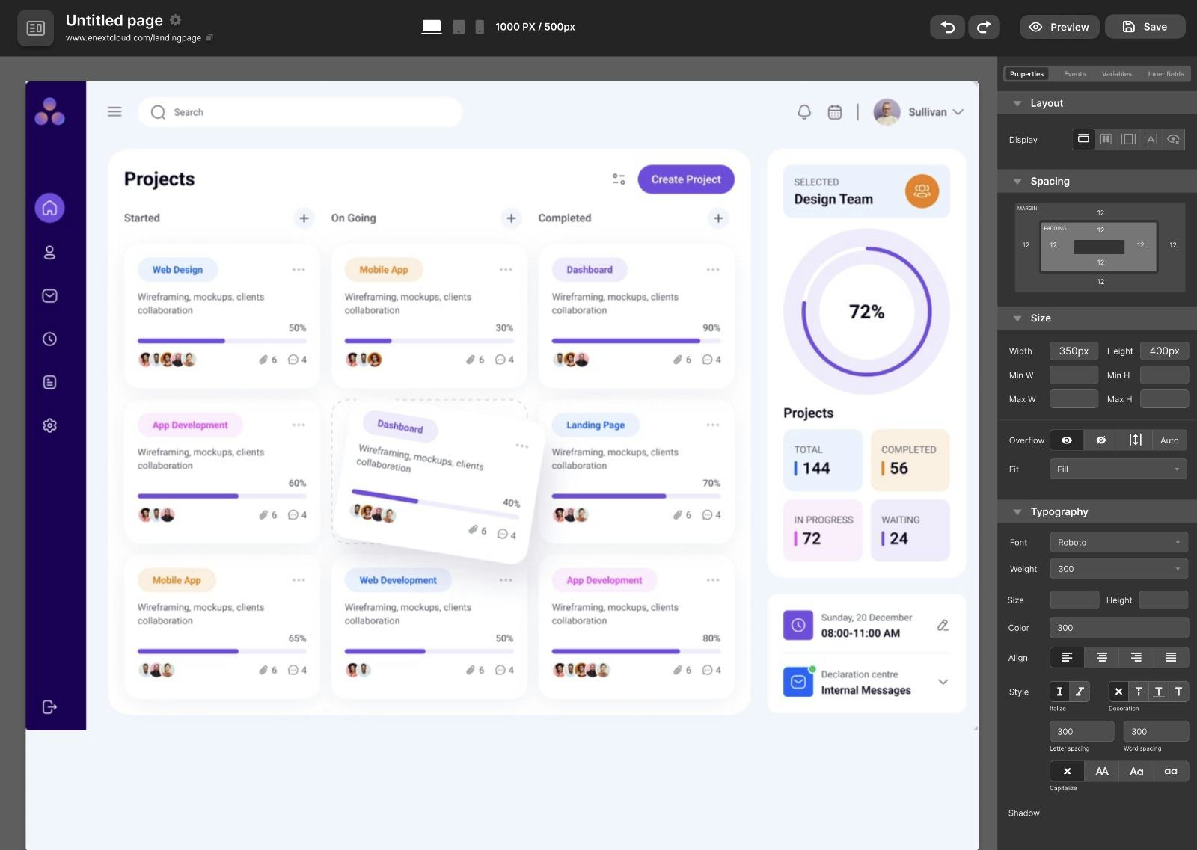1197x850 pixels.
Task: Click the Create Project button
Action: pos(685,179)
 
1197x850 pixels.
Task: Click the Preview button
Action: pos(1059,27)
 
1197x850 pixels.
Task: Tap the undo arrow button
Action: pos(947,27)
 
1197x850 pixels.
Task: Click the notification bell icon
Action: pos(804,112)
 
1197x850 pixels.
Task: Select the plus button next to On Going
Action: pos(511,218)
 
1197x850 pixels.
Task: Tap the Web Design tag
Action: pos(177,270)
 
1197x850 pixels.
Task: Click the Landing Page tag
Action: pos(595,425)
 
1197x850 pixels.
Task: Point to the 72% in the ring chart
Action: pos(866,312)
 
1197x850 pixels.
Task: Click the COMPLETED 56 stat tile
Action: pos(910,460)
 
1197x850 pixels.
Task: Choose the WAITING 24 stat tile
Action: pos(910,530)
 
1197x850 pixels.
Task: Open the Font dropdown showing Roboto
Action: pos(1118,542)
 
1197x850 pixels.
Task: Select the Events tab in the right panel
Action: pos(1074,74)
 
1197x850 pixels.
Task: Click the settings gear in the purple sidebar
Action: pos(49,425)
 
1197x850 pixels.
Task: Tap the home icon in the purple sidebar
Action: pos(49,208)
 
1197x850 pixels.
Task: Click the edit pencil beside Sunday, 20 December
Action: pos(943,625)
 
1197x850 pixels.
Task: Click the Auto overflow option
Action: pos(1169,440)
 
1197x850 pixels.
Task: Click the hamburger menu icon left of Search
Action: pos(114,112)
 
